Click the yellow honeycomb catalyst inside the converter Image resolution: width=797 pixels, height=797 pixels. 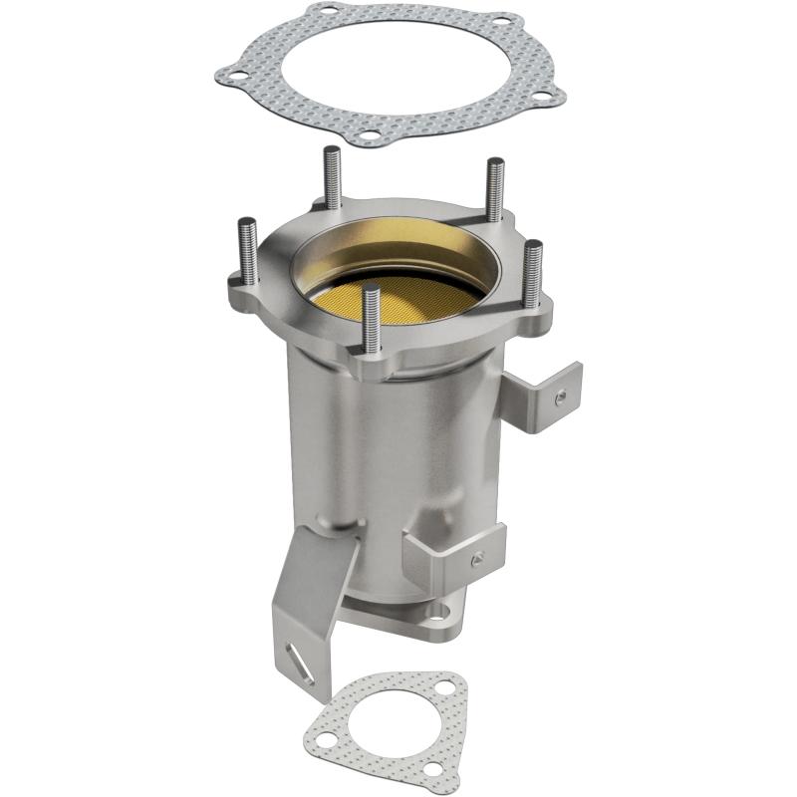(x=398, y=295)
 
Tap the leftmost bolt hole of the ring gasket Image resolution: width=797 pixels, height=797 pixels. (x=230, y=74)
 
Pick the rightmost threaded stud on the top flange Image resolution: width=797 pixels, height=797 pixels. (x=533, y=275)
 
